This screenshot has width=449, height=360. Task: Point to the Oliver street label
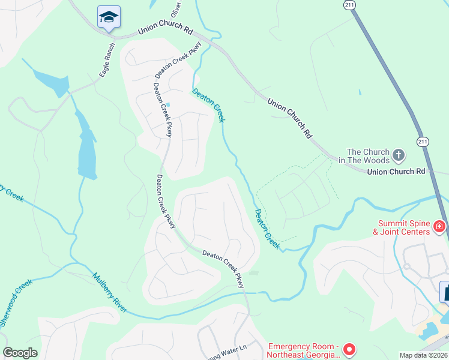[x=175, y=9]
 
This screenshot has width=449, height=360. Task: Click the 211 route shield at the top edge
[x=350, y=5]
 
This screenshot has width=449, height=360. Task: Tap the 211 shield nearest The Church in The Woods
[x=423, y=142]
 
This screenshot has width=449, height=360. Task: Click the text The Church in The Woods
[x=368, y=156]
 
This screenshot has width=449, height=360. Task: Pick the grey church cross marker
[x=399, y=157]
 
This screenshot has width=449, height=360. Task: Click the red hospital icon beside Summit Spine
[x=440, y=226]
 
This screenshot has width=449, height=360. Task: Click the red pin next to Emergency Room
[x=350, y=349]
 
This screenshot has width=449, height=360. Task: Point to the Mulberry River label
[x=110, y=293]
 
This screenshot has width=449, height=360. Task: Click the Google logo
[x=20, y=353]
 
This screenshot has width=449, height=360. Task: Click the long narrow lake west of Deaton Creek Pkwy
[x=86, y=150]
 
